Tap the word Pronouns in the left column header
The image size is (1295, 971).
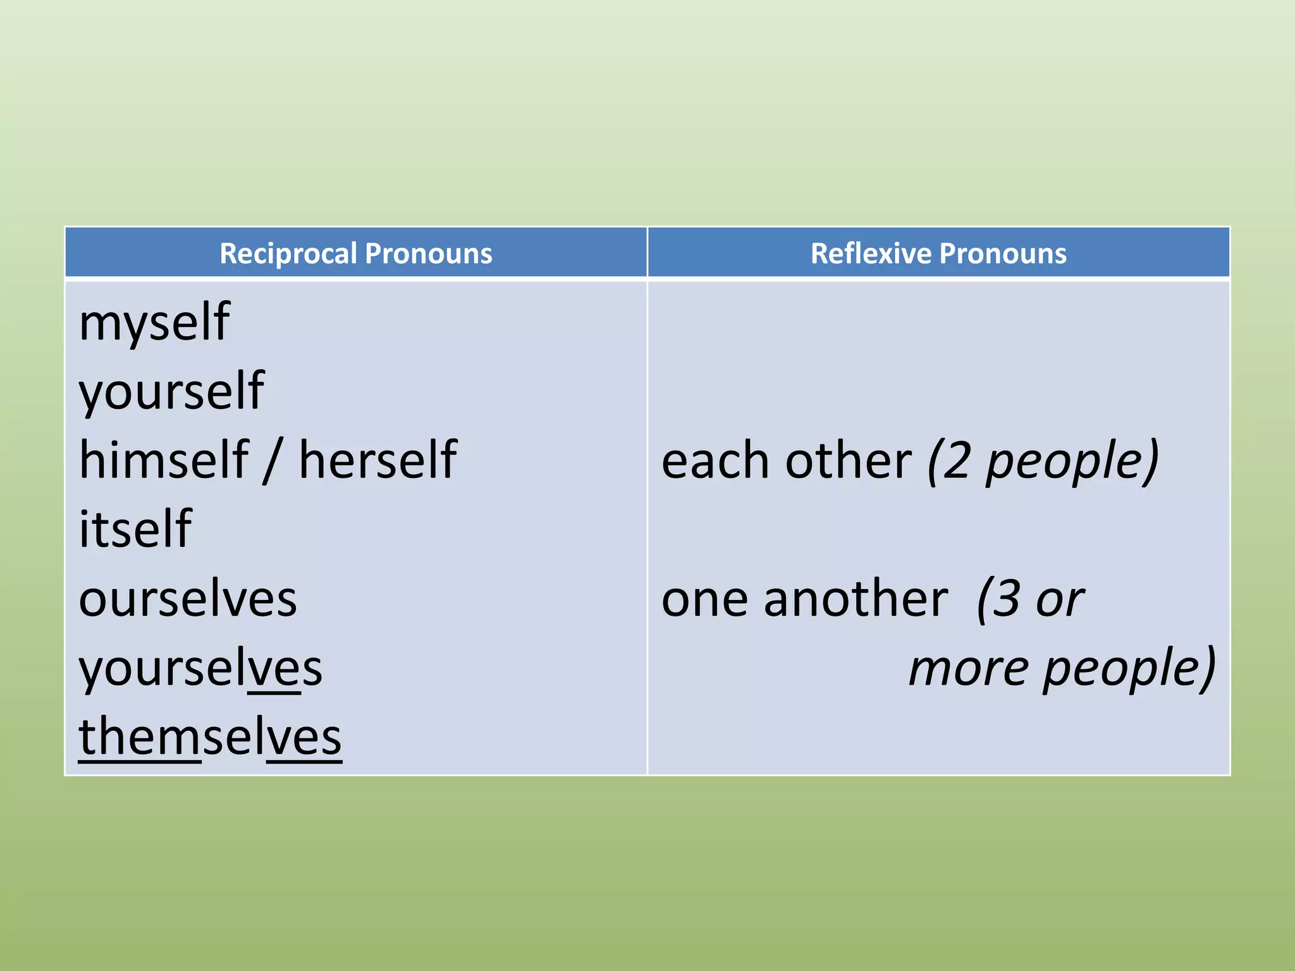tap(429, 253)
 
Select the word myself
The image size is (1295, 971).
tap(154, 324)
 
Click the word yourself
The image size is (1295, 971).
tap(171, 392)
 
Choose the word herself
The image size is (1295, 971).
tap(377, 460)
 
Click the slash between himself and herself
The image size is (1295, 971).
tap(273, 461)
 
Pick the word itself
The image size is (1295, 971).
tap(135, 529)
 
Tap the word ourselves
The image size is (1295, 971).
tap(188, 599)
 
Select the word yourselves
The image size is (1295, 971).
tap(200, 668)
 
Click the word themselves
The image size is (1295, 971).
tap(210, 737)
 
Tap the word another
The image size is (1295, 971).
tap(856, 599)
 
